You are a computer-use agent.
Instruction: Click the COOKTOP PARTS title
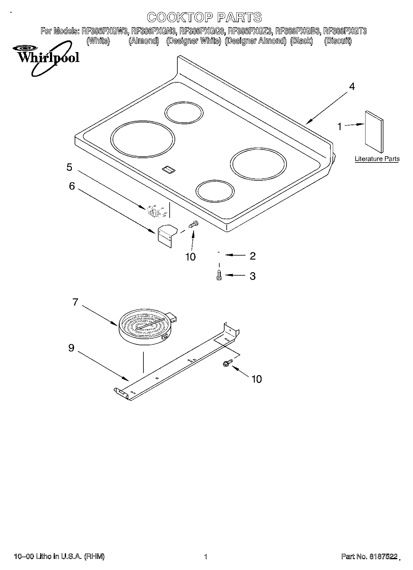coord(204,18)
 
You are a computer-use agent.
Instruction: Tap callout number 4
coord(352,87)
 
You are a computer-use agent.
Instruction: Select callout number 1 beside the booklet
coord(340,126)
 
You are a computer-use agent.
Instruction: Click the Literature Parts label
coord(377,159)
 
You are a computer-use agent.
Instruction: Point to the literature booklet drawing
coord(374,131)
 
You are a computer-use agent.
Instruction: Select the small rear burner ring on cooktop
coord(184,113)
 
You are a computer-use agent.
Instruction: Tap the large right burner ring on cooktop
coord(258,164)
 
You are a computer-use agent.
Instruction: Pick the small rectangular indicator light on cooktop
coord(168,169)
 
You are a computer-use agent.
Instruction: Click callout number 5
coord(69,167)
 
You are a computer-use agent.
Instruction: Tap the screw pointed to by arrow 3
coord(219,275)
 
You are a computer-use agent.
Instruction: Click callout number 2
coord(253,256)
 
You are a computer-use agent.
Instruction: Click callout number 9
coord(71,348)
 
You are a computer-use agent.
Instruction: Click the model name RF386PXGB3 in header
coord(298,31)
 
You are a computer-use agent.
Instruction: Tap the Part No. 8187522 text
coord(369,556)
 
